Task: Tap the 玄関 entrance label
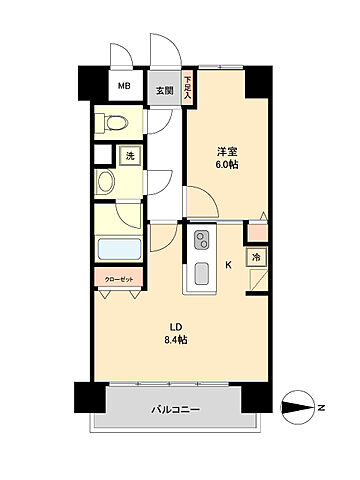pyautogui.click(x=163, y=89)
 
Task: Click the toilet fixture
pyautogui.click(x=111, y=123)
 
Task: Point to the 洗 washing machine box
pyautogui.click(x=130, y=155)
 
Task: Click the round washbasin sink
pyautogui.click(x=107, y=182)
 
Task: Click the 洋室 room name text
pyautogui.click(x=229, y=150)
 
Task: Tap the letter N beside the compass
pyautogui.click(x=321, y=407)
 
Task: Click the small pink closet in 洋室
pyautogui.click(x=257, y=232)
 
